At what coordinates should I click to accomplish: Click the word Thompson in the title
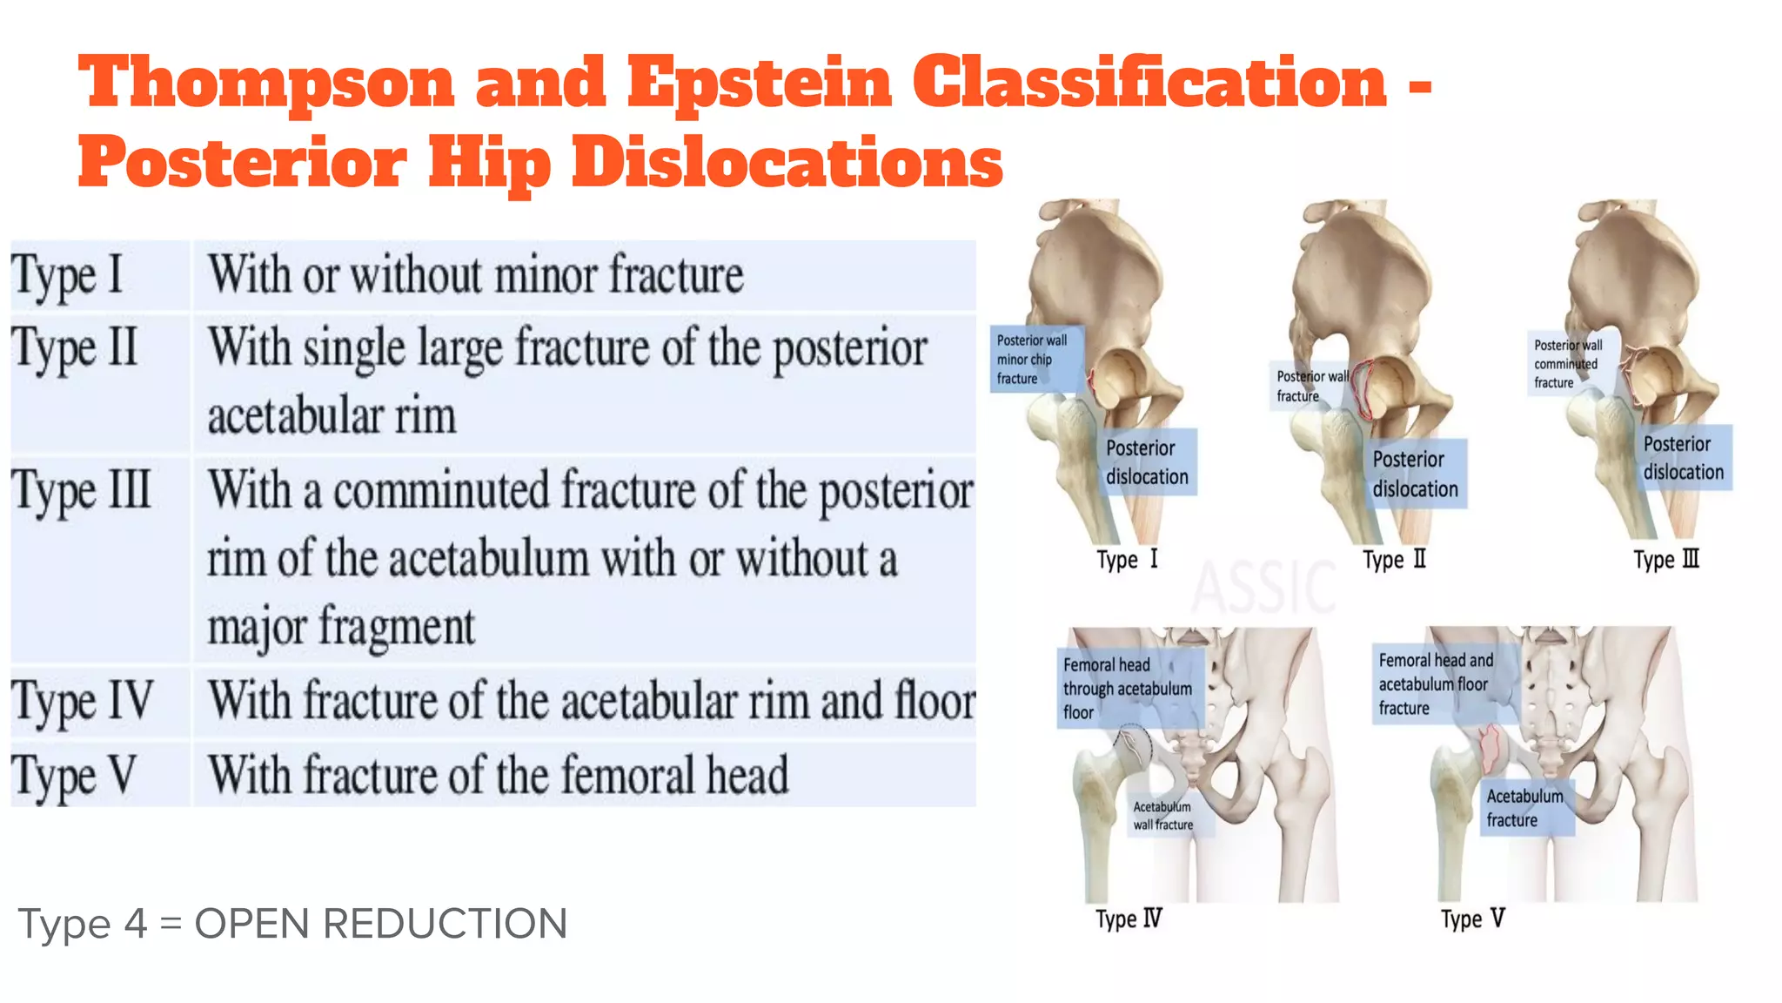click(266, 84)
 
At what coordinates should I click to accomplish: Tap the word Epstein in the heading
click(760, 84)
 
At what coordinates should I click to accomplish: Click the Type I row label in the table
click(67, 276)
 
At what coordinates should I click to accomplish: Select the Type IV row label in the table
click(83, 702)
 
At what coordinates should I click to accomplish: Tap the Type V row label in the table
click(74, 776)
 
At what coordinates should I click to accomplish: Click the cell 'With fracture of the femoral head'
click(498, 775)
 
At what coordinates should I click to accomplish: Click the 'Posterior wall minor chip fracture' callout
click(1035, 359)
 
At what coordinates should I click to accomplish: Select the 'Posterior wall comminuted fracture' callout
click(1570, 364)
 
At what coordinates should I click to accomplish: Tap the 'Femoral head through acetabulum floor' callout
click(1129, 688)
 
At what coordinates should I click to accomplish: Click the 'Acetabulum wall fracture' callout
click(1164, 816)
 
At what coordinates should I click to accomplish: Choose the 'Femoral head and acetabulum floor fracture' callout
click(1437, 684)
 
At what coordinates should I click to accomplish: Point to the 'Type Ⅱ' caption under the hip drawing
click(1395, 559)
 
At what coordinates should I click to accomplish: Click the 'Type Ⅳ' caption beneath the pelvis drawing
click(1129, 919)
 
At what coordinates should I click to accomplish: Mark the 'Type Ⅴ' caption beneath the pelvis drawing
click(1472, 919)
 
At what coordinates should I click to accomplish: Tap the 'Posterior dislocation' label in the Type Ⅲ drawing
click(1683, 458)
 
